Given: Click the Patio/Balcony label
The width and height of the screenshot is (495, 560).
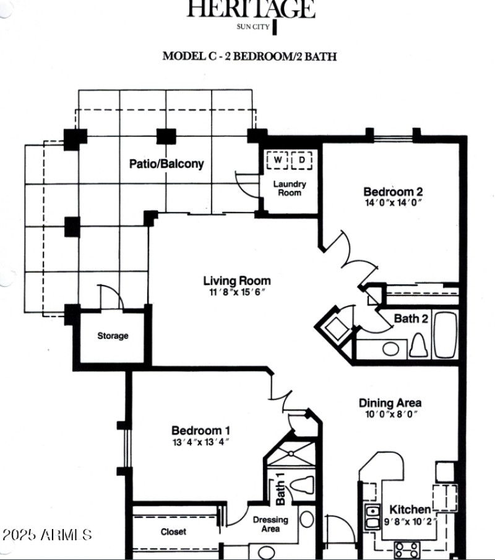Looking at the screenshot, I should [x=166, y=164].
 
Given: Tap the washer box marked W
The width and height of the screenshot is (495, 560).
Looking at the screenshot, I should [x=278, y=160].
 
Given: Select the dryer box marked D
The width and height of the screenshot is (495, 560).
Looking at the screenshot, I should [x=301, y=160].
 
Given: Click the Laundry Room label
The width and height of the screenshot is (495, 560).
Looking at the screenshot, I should [x=290, y=188].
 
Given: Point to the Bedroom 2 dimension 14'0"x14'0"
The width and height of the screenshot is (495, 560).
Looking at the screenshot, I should [x=393, y=203].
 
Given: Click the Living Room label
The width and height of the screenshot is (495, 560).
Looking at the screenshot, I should [x=237, y=281].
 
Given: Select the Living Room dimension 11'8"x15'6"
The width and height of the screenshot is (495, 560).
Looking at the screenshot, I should [x=237, y=292].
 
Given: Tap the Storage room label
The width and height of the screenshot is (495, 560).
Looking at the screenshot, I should [x=113, y=336].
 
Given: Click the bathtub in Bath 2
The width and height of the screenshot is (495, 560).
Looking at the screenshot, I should [x=445, y=335].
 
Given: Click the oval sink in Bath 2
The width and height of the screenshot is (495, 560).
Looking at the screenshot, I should [x=390, y=348].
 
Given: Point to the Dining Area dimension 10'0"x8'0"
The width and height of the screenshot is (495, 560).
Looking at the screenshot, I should [x=390, y=414].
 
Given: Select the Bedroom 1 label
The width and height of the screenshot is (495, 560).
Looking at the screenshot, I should [x=201, y=431].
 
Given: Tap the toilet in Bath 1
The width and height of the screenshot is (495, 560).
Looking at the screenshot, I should [x=304, y=484].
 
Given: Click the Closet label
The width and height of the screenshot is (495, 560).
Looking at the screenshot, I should [x=173, y=532].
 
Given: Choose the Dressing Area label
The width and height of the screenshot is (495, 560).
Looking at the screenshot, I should [x=270, y=524].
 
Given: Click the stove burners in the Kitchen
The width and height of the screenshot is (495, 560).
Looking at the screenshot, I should [x=407, y=549].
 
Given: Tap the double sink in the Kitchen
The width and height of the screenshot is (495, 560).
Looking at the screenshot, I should [x=372, y=517].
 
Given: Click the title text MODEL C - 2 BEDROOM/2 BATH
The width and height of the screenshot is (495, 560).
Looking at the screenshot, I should [x=249, y=56].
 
